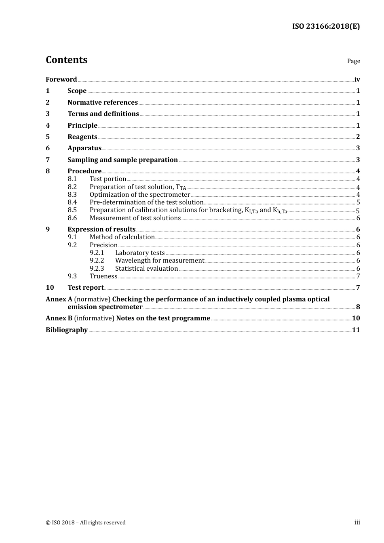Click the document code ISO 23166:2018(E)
point(326,26)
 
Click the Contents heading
point(66,60)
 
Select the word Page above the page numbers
point(353,61)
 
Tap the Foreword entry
point(61,80)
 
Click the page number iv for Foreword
point(357,80)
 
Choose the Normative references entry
point(103,103)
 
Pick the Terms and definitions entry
point(103,114)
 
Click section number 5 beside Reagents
point(48,137)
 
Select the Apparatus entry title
point(84,148)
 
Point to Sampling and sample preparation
point(122,160)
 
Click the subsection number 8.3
point(72,195)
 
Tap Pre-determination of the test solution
point(146,202)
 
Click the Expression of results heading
point(101,229)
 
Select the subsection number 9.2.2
point(97,261)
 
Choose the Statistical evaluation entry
point(146,269)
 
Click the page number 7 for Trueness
point(358,276)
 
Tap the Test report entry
point(86,288)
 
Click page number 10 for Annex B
point(356,318)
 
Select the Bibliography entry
point(67,330)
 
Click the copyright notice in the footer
point(86,523)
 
